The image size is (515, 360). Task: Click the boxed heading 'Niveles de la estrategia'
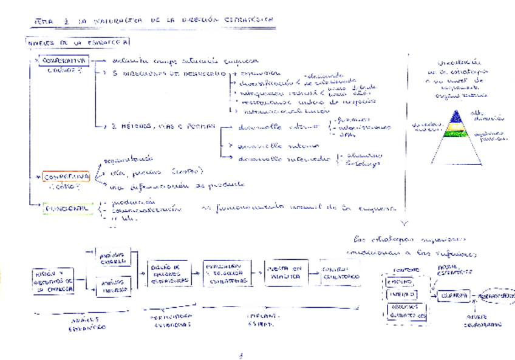pos(77,42)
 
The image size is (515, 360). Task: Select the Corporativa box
pos(65,61)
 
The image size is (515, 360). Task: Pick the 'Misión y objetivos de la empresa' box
pos(53,281)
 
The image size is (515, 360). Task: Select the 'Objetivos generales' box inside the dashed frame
pos(406,312)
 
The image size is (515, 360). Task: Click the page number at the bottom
pos(240,355)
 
